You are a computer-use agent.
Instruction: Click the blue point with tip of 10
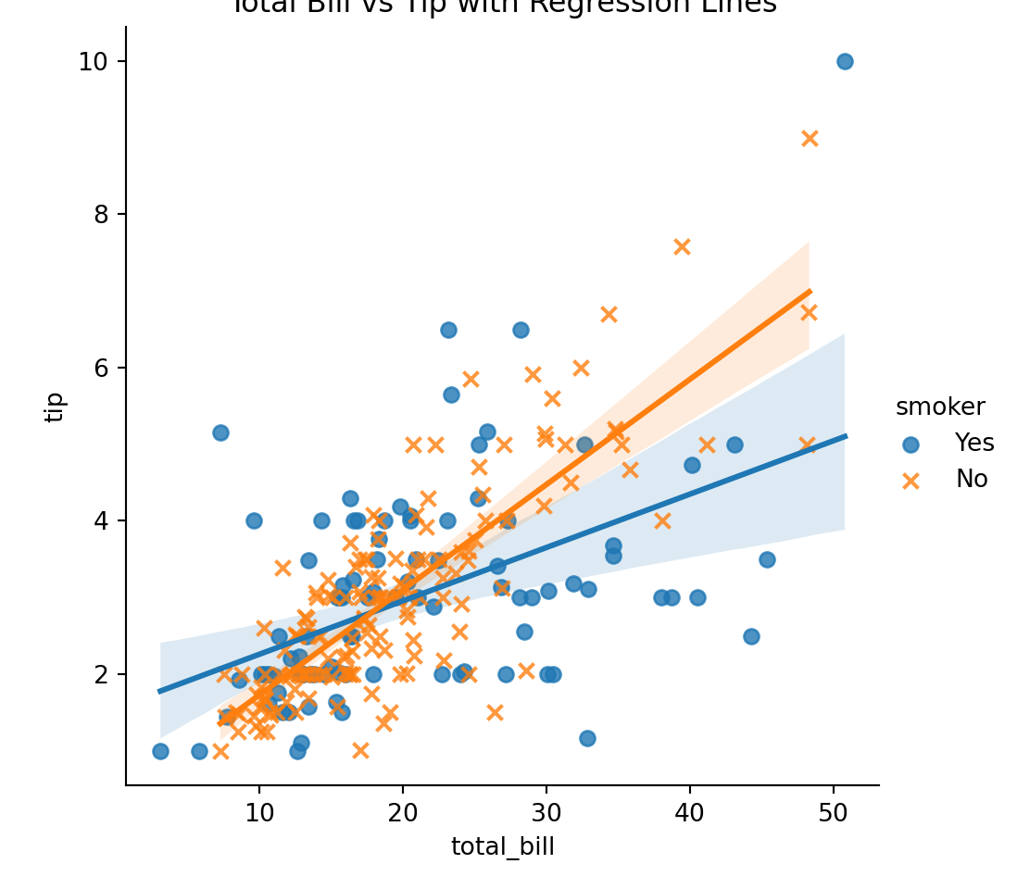tap(845, 61)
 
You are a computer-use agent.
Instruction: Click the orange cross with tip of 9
tap(810, 138)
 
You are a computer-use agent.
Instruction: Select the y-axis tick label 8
tap(93, 214)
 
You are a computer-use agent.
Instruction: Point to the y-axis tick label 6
tap(93, 368)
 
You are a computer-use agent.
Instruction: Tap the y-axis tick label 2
tap(93, 674)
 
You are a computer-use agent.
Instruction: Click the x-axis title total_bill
tap(503, 847)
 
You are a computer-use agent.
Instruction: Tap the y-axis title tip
tap(55, 407)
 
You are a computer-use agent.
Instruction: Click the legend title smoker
tap(940, 407)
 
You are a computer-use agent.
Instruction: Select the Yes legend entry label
tap(974, 443)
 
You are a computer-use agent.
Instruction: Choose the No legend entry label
tap(972, 479)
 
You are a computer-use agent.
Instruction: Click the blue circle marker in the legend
tap(911, 444)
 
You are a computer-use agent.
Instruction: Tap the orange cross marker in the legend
tap(911, 480)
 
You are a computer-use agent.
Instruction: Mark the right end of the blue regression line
tap(845, 435)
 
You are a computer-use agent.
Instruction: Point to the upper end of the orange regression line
tap(810, 291)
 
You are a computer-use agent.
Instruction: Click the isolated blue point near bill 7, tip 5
tap(220, 432)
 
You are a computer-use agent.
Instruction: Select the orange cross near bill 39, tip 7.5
tap(682, 246)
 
